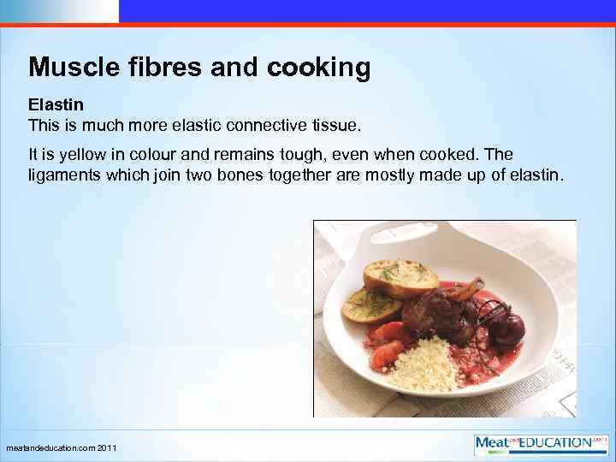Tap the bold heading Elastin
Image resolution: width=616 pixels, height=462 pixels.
56,105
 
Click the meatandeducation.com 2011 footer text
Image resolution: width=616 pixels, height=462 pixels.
62,448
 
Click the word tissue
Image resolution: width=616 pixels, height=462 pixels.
338,126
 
